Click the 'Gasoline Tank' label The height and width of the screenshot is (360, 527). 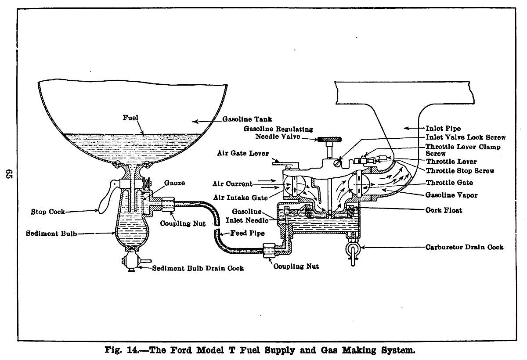click(247, 119)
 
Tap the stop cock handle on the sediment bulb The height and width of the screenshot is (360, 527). click(106, 200)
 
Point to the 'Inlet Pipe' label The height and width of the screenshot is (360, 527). click(443, 129)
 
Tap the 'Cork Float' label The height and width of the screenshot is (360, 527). click(444, 210)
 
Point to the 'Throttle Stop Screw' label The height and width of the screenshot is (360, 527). click(459, 171)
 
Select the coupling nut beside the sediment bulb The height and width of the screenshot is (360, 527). click(167, 203)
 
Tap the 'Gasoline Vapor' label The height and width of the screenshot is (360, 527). click(451, 195)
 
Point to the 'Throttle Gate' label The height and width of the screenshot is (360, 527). click(448, 183)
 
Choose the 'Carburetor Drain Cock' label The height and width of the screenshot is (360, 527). click(464, 247)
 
